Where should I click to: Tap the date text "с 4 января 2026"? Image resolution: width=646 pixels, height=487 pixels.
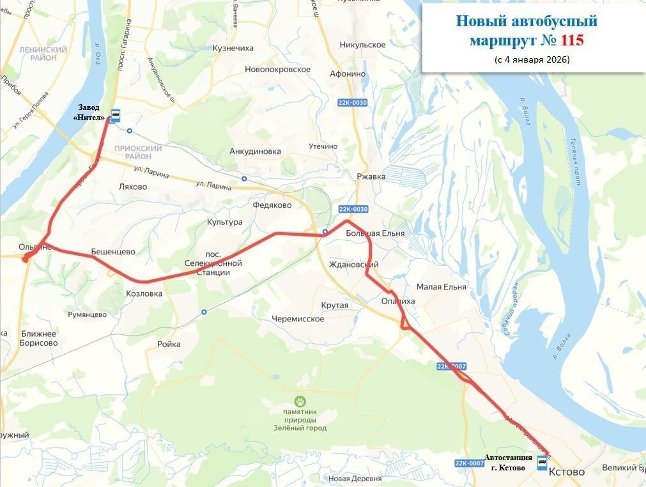[x=532, y=59]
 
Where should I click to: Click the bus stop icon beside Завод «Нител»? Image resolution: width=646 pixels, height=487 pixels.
[x=116, y=116]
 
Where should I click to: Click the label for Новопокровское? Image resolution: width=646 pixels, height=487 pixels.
[x=277, y=69]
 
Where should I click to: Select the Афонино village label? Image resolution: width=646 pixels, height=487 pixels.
[x=347, y=73]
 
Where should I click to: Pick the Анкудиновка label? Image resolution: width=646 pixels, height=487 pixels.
[x=255, y=151]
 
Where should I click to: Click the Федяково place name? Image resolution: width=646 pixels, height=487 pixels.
[x=272, y=205]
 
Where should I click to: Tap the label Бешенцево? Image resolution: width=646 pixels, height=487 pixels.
[x=113, y=252]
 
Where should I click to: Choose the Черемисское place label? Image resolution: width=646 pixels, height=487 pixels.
[x=298, y=319]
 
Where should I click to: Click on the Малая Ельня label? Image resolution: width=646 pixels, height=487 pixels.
[x=441, y=287]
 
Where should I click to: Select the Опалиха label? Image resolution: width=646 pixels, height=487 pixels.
[x=397, y=301]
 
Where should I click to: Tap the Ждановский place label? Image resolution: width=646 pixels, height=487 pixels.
[x=353, y=265]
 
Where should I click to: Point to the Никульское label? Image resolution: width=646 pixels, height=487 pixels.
[x=363, y=45]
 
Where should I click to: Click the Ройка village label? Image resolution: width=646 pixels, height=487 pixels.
[x=169, y=344]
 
